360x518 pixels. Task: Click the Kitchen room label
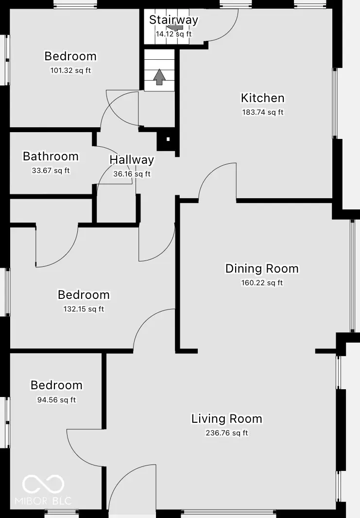coord(262,98)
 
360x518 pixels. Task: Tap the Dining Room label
coord(262,269)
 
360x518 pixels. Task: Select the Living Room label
coord(226,419)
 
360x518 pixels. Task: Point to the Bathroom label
coord(51,156)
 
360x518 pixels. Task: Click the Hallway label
coord(132,160)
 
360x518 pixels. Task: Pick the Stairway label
coord(173,20)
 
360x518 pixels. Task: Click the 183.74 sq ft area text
coord(262,112)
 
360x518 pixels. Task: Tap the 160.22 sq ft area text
coord(262,283)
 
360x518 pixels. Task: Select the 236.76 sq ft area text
coord(226,433)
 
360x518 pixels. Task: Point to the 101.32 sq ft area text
coord(70,70)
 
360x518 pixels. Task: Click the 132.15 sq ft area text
coord(84,309)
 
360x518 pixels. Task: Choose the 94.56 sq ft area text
coord(56,400)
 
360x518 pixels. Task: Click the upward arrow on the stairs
coord(159,77)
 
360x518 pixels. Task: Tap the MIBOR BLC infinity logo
coord(43,484)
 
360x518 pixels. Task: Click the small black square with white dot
coord(168,139)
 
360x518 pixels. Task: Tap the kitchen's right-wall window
coord(334,103)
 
